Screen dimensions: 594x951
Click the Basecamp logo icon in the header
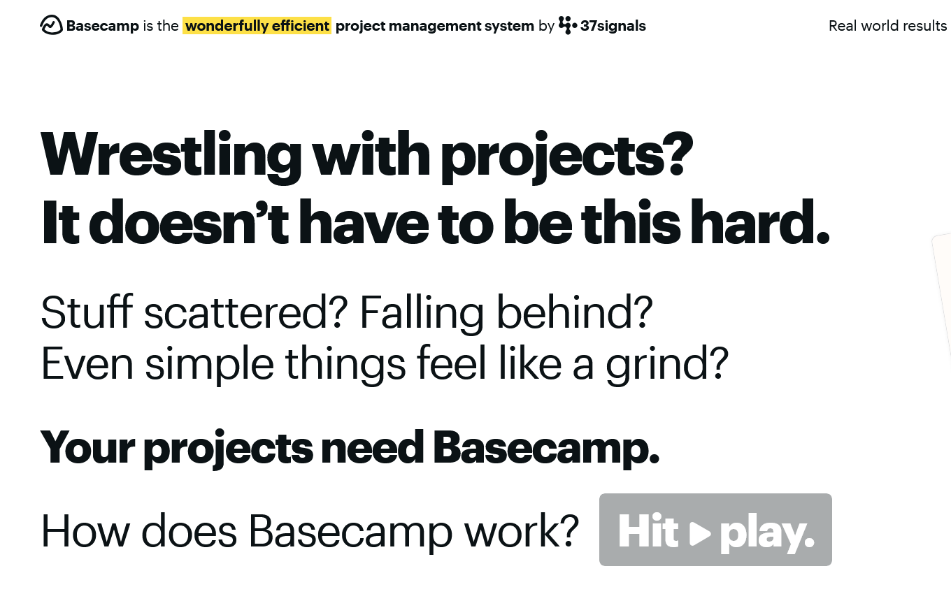click(x=51, y=26)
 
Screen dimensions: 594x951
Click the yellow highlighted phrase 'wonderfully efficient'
click(x=257, y=26)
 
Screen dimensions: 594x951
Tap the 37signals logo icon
click(x=568, y=26)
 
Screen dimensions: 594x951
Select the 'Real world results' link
click(x=887, y=26)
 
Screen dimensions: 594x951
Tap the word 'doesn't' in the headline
click(x=189, y=223)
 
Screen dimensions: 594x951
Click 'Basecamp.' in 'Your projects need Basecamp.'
click(x=546, y=447)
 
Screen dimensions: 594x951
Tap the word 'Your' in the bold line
click(x=87, y=447)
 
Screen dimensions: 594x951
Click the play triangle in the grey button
click(x=699, y=534)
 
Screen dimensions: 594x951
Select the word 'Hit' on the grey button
click(x=648, y=532)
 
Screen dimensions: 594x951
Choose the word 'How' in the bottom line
click(x=85, y=532)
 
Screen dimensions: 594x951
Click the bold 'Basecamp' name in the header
click(x=102, y=26)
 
